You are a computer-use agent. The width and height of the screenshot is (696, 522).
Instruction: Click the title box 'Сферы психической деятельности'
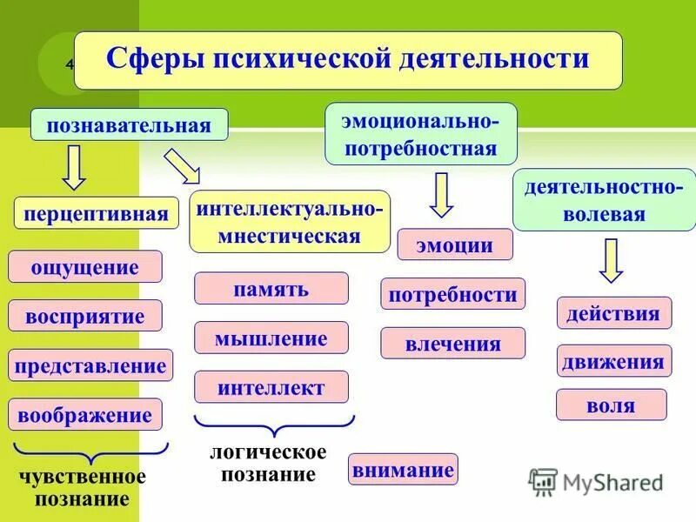pyautogui.click(x=348, y=60)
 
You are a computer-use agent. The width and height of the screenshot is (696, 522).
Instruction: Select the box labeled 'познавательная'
pyautogui.click(x=130, y=124)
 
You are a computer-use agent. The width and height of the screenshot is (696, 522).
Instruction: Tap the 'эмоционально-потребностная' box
pyautogui.click(x=421, y=134)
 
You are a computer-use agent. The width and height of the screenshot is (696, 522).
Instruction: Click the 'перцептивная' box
pyautogui.click(x=97, y=213)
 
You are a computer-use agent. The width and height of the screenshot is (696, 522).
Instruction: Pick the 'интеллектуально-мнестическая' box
pyautogui.click(x=290, y=222)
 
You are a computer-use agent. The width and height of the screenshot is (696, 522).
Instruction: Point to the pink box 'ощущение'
pyautogui.click(x=85, y=266)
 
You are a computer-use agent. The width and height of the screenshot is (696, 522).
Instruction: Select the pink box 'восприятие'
pyautogui.click(x=85, y=315)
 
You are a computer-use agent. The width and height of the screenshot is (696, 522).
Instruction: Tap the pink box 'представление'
pyautogui.click(x=90, y=365)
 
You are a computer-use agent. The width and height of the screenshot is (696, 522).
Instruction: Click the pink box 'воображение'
pyautogui.click(x=85, y=415)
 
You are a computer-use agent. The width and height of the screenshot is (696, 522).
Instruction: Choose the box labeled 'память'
pyautogui.click(x=271, y=288)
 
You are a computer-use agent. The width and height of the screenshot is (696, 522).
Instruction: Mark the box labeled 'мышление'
pyautogui.click(x=271, y=338)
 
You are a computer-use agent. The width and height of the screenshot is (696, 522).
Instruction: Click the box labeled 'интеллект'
pyautogui.click(x=271, y=387)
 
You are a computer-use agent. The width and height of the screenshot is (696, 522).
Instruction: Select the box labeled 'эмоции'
pyautogui.click(x=455, y=244)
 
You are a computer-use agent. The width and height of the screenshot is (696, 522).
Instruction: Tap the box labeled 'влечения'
pyautogui.click(x=452, y=343)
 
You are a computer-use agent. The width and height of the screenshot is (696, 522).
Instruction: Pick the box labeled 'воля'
pyautogui.click(x=611, y=405)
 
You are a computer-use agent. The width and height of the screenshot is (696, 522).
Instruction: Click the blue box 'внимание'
pyautogui.click(x=403, y=470)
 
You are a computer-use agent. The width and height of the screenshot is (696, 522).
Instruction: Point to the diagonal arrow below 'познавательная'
pyautogui.click(x=182, y=165)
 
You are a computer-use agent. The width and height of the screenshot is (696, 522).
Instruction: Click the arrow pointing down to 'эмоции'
pyautogui.click(x=442, y=195)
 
